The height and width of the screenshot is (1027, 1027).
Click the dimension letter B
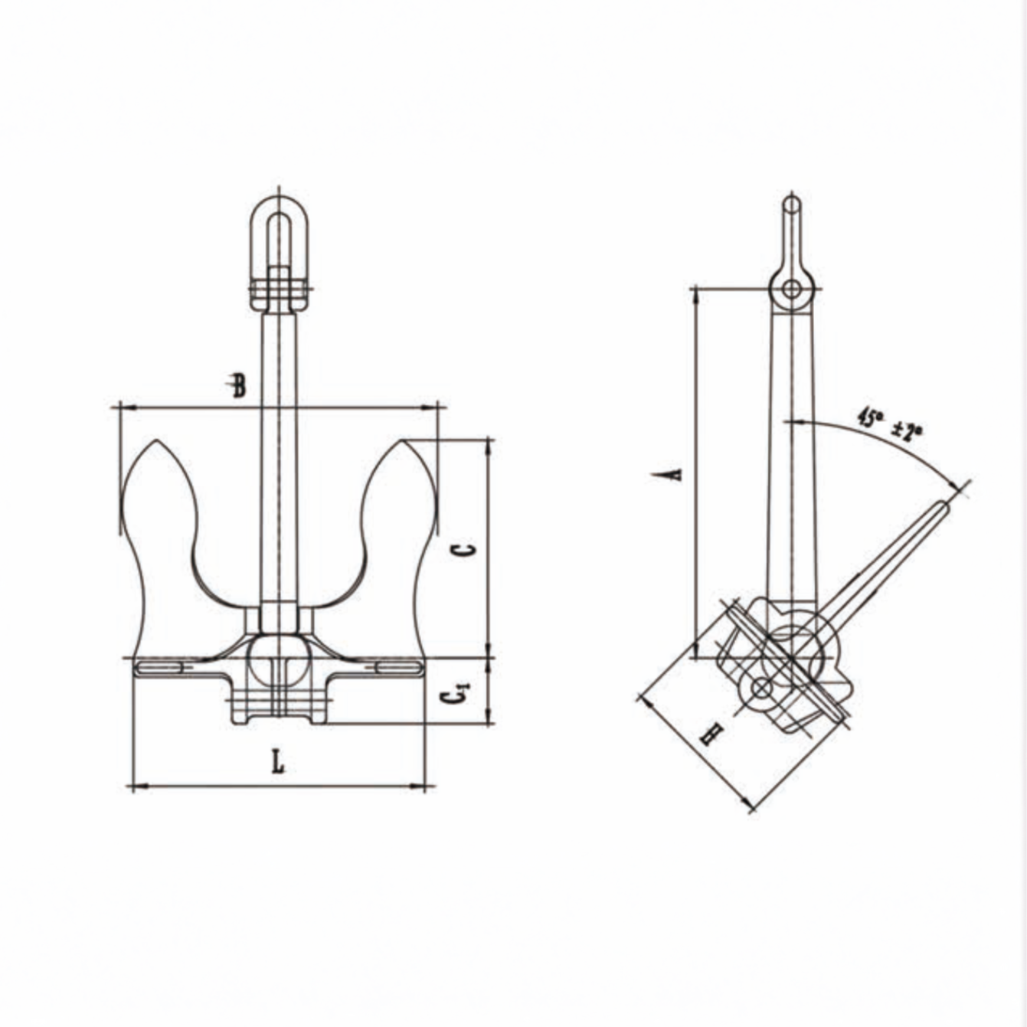coord(240,386)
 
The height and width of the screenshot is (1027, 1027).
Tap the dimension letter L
coord(278,761)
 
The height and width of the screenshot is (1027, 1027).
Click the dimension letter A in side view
coord(674,474)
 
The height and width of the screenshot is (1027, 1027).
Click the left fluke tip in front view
coord(157,440)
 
